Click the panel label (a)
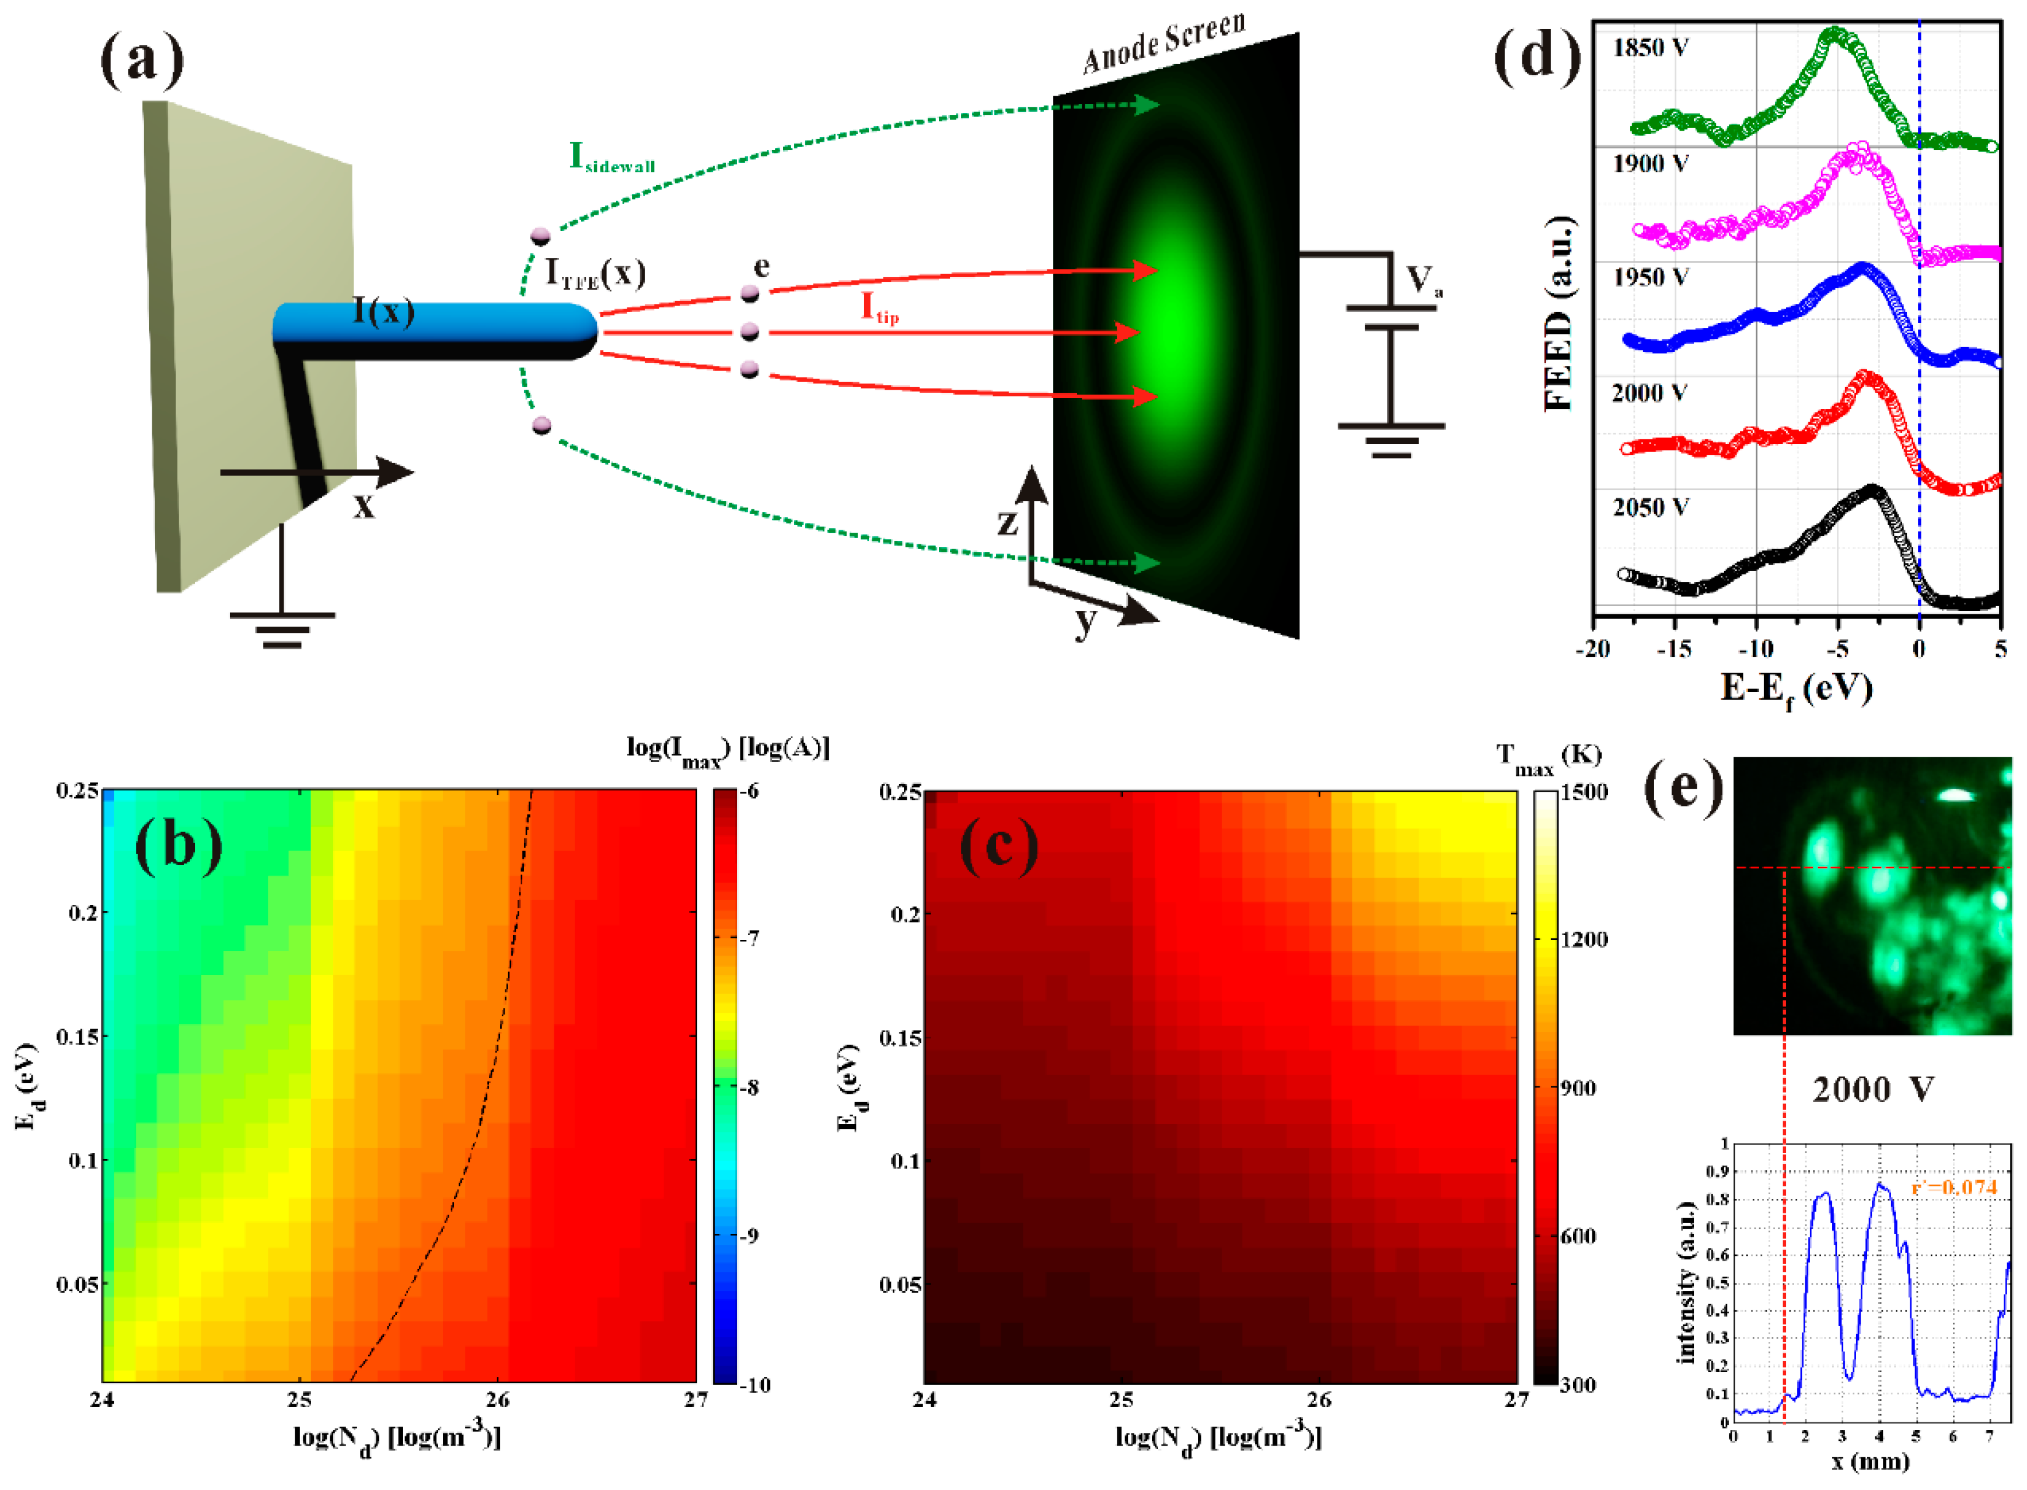click(x=142, y=61)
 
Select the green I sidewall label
click(x=611, y=158)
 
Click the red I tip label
click(x=879, y=309)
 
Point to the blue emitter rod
click(x=433, y=330)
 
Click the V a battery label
click(x=1424, y=281)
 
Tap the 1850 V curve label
click(x=1650, y=48)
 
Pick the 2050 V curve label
click(x=1650, y=508)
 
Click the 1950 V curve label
click(x=1650, y=278)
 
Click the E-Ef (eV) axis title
click(x=1795, y=689)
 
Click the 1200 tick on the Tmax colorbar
click(x=1583, y=940)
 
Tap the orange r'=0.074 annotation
click(x=1954, y=1187)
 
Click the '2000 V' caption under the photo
click(x=1873, y=1090)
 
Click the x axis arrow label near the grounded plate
click(x=363, y=505)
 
